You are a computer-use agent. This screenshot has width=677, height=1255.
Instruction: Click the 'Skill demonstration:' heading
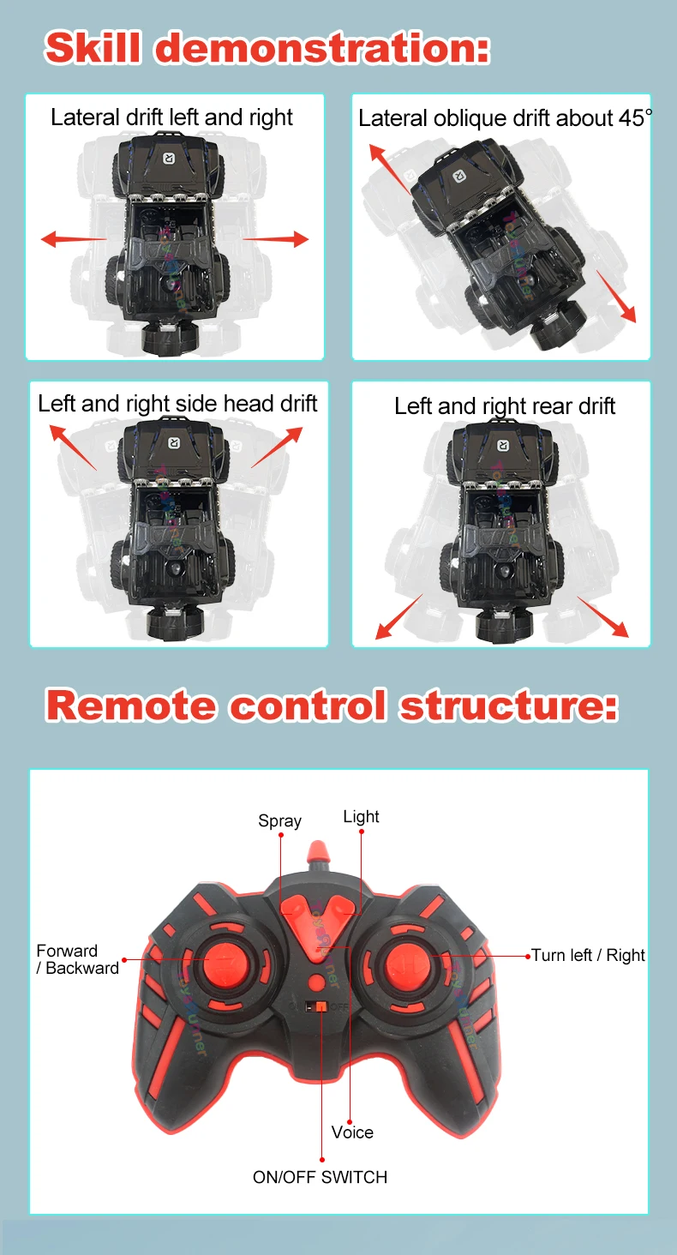pos(267,48)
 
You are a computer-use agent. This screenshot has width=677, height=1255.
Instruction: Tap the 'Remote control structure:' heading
pos(332,705)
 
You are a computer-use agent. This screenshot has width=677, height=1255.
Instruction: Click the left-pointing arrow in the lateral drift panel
pos(74,238)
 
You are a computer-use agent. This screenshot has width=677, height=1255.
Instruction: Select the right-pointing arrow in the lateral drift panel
pos(275,238)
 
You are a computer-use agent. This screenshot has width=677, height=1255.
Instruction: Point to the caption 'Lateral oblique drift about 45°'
pos(505,118)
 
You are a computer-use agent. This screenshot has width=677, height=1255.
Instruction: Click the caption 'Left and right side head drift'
pos(177,404)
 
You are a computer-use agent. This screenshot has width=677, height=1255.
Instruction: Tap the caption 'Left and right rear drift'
pos(505,406)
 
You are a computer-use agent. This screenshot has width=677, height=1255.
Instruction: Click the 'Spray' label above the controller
pos(279,820)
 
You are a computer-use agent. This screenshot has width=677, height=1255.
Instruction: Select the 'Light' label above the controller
pos(361,817)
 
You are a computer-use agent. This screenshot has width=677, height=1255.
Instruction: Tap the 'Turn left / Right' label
pos(588,955)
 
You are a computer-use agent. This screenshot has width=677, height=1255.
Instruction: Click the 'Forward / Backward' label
pos(77,959)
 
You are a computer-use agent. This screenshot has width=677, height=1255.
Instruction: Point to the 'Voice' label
pos(352,1132)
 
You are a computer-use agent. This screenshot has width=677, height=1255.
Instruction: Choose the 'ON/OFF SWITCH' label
pos(320,1177)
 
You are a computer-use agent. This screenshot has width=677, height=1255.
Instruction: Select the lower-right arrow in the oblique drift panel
pos(616,297)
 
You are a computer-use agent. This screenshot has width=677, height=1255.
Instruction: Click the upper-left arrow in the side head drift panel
pos(73,447)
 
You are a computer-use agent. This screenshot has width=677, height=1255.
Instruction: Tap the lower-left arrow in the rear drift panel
pos(398,616)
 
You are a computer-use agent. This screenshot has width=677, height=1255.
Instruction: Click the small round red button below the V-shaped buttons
pos(316,982)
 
